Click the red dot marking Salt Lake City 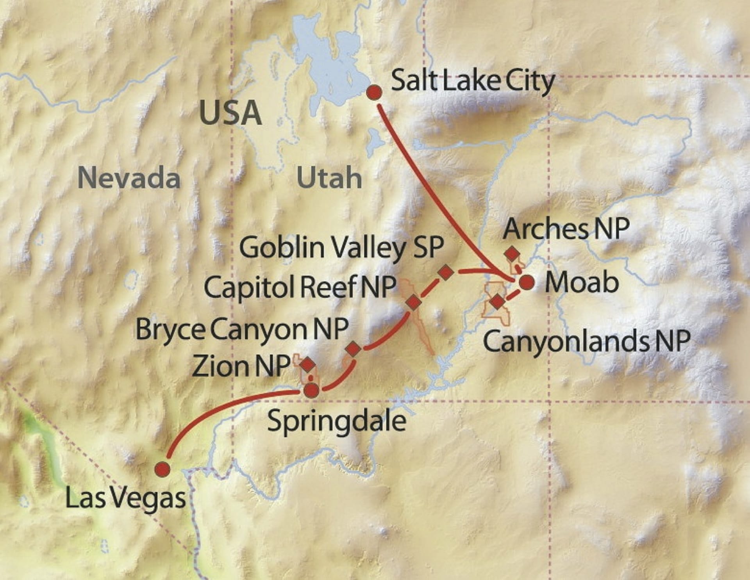[375, 92]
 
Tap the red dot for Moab [527, 282]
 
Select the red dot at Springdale [312, 390]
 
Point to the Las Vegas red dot [162, 469]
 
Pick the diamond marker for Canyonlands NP [497, 302]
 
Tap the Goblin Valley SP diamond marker [446, 272]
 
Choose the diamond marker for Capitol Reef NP [413, 302]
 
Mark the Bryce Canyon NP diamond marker [353, 349]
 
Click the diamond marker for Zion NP [308, 364]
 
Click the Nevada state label [129, 178]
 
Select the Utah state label [329, 178]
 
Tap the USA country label [230, 113]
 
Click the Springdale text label [336, 422]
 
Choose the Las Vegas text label [125, 499]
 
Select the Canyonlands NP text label [586, 341]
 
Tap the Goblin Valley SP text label [341, 248]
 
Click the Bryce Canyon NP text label [242, 330]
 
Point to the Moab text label [582, 282]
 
